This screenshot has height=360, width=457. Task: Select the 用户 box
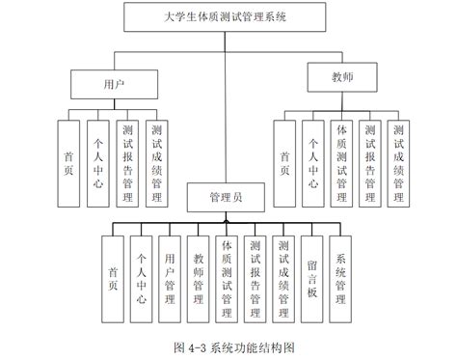(x=115, y=83)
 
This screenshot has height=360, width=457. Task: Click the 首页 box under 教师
(x=283, y=163)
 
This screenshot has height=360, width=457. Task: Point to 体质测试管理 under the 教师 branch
(x=341, y=163)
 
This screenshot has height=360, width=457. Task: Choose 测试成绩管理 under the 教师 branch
(x=399, y=163)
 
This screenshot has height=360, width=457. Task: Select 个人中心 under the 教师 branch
(x=312, y=163)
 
